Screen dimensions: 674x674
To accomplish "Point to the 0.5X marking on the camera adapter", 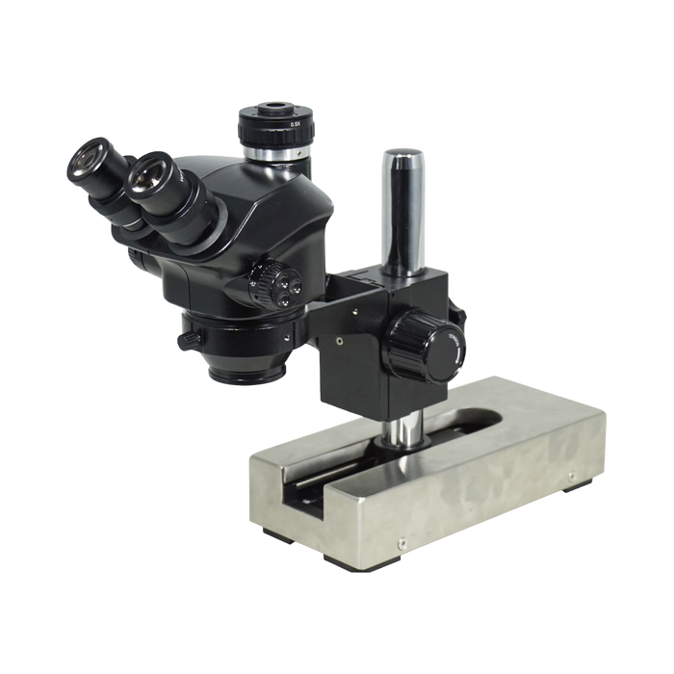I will tap(296, 124).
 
